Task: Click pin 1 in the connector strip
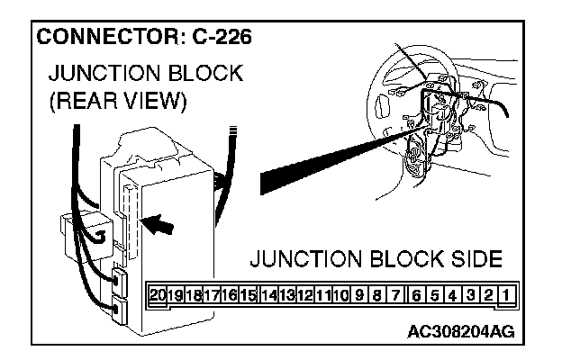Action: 509,294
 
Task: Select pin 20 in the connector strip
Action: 159,294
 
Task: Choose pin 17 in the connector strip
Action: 213,294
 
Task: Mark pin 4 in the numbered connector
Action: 453,294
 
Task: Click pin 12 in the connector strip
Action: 304,294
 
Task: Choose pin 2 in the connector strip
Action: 490,294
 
